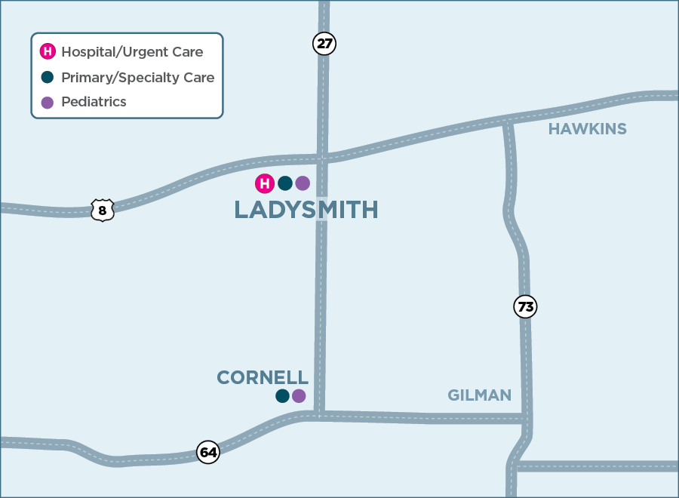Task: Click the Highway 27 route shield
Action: click(x=324, y=44)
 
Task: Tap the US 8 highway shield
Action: click(x=102, y=210)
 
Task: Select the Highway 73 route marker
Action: click(x=525, y=307)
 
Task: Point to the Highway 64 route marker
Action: click(x=208, y=452)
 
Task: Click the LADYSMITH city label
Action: click(x=306, y=210)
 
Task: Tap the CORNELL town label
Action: click(x=263, y=377)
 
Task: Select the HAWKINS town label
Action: click(x=587, y=129)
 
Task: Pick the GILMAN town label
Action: click(x=479, y=395)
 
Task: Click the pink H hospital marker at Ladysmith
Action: click(x=265, y=183)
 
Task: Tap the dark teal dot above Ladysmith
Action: click(x=284, y=183)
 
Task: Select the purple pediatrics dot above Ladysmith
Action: click(x=303, y=183)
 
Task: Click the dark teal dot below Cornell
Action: click(x=282, y=396)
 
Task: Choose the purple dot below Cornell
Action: click(x=299, y=396)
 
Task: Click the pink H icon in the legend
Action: click(x=48, y=52)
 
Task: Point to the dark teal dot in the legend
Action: click(x=48, y=77)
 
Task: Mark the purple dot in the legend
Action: click(x=48, y=103)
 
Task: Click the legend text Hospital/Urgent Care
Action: click(x=132, y=52)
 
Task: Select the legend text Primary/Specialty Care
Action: click(x=137, y=78)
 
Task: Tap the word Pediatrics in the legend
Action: click(x=94, y=102)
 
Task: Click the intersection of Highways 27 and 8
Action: click(x=323, y=158)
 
